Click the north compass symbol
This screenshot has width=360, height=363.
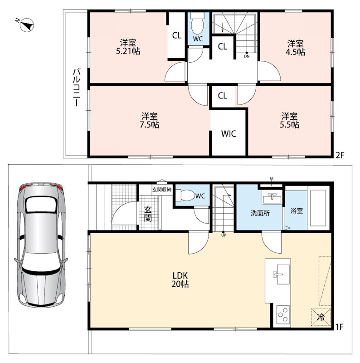point(26,25)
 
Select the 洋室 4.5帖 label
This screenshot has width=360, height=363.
point(295,48)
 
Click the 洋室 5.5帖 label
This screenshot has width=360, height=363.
point(289,120)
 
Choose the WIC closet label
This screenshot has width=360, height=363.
point(229,133)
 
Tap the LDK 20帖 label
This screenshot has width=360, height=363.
point(180,280)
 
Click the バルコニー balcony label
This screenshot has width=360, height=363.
point(77,88)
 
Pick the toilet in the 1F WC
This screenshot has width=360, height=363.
point(185,195)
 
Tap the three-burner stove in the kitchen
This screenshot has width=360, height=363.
point(283,314)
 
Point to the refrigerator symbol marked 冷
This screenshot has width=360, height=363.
point(321,317)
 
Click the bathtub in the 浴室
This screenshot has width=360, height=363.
point(318,208)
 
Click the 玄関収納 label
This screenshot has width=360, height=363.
point(162,189)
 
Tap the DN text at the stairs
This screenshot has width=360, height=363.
point(247,56)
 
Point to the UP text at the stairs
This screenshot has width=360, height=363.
point(224,235)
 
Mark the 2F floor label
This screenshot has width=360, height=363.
point(340,155)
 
